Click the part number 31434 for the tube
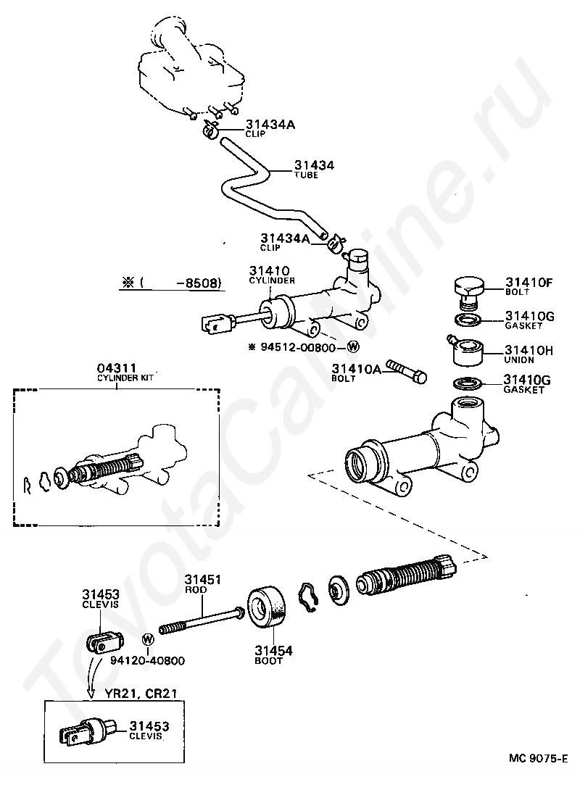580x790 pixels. (x=314, y=166)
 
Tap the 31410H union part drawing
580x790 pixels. (x=466, y=352)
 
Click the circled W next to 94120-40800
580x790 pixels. (x=148, y=639)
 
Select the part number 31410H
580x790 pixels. (x=529, y=350)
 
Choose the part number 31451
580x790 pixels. (x=202, y=579)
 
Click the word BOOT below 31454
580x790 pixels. (x=269, y=661)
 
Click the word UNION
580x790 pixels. (x=518, y=360)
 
